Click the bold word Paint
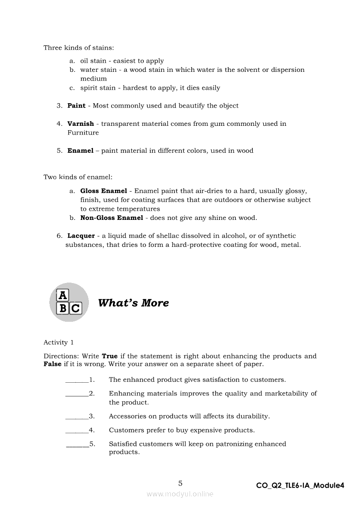coord(76,106)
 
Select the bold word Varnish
coord(81,124)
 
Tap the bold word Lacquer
coord(81,236)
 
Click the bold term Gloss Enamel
coord(104,191)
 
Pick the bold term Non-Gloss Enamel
coord(112,218)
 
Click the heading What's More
coord(133,303)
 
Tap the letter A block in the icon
coord(63,295)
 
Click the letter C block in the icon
coord(75,308)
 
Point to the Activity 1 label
coord(58,343)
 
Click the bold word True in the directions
coord(110,356)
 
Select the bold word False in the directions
coord(53,364)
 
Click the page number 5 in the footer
coord(180,483)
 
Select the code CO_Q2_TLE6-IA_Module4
coord(300,485)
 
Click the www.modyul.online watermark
coord(180,494)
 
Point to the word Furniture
coord(83,133)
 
